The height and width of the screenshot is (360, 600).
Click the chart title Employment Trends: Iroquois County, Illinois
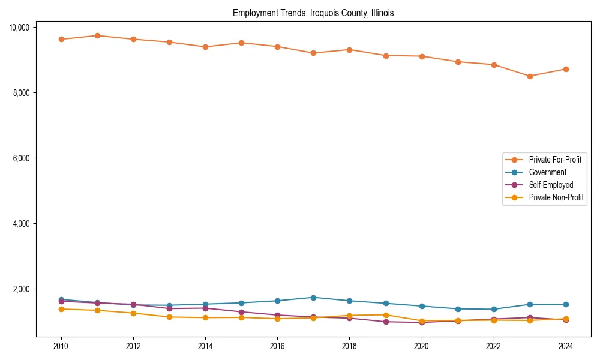(313, 13)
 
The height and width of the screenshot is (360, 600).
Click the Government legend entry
(547, 172)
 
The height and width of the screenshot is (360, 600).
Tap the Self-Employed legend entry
(551, 185)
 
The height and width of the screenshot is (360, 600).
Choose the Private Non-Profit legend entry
(556, 197)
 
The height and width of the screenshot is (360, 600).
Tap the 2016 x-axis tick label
(277, 346)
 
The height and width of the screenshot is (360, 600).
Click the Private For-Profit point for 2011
(97, 35)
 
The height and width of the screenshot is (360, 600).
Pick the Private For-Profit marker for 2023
(530, 76)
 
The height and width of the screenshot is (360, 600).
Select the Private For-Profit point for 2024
(566, 69)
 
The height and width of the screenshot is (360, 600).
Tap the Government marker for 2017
(313, 298)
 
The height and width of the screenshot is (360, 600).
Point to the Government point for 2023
(530, 304)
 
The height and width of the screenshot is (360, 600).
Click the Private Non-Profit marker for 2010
(61, 309)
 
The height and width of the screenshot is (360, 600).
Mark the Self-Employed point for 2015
(241, 312)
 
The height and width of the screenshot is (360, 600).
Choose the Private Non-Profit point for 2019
(386, 315)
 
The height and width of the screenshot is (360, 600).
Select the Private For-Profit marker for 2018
(349, 50)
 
